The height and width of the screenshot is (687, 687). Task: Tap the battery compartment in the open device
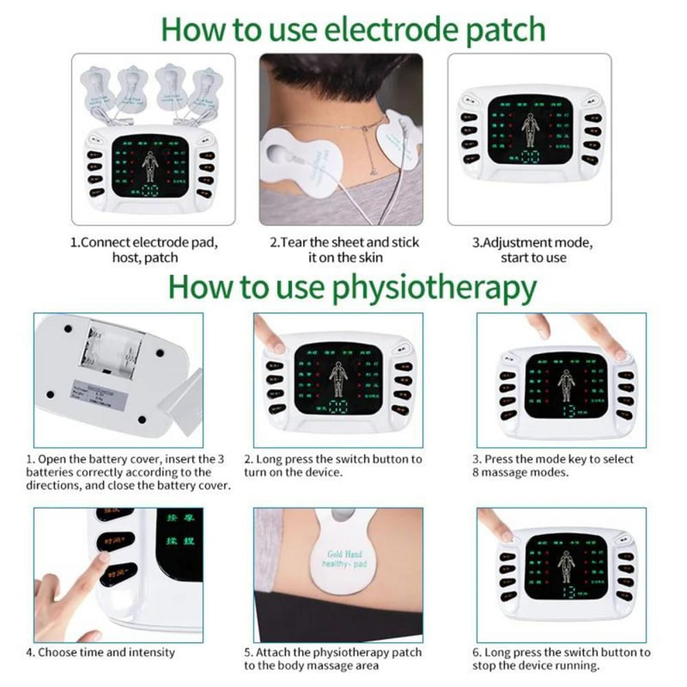click(x=110, y=350)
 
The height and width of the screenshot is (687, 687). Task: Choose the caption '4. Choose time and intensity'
click(x=101, y=652)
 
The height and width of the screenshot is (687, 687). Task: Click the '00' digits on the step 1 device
click(x=149, y=192)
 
